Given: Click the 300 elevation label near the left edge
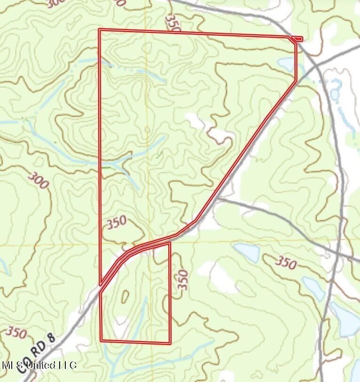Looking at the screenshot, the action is point(38,180).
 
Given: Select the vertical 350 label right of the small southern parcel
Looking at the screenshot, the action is point(183,280).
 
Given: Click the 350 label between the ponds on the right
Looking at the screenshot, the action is point(285,262).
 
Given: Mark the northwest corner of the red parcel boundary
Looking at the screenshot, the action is point(99,30).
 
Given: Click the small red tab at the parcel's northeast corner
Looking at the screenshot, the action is point(297,39).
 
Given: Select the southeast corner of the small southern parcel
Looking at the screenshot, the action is point(170,342).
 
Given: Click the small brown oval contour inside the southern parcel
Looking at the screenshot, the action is point(125,296).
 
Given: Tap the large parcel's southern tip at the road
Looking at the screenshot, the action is point(101,285).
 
